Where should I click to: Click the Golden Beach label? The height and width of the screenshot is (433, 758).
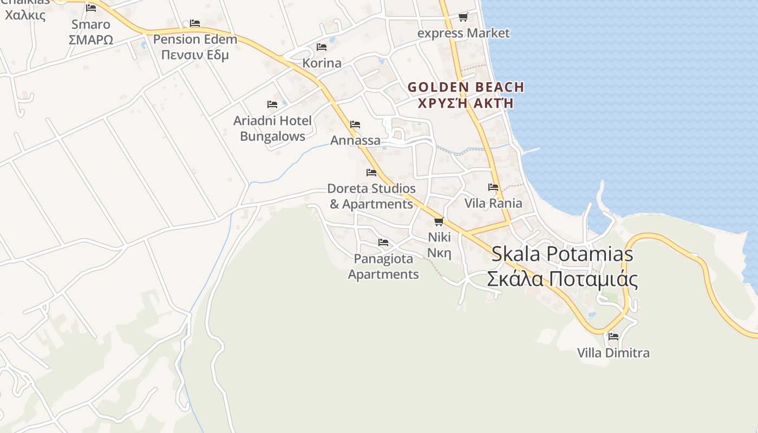466,95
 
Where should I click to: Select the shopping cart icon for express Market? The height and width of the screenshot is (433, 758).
463,17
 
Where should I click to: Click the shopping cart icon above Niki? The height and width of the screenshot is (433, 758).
439,221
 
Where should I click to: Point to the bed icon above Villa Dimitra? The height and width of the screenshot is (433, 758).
613,336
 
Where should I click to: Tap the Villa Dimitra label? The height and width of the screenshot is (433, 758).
613,353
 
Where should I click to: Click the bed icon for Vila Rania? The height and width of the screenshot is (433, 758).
493,187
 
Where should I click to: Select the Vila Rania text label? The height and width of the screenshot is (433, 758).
493,203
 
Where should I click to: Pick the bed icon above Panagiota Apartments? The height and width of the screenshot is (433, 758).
383,242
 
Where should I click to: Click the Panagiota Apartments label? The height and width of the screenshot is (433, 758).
383,266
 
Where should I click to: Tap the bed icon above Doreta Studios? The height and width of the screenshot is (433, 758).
371,173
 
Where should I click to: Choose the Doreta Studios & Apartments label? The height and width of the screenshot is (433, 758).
371,196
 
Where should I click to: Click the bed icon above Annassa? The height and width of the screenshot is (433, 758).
355,124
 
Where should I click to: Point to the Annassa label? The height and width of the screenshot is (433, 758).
355,141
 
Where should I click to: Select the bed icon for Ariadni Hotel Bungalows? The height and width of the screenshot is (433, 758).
272,104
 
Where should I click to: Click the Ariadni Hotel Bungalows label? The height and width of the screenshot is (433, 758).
272,128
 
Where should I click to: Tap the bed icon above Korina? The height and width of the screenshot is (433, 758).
322,47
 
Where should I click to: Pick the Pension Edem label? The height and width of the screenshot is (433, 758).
195,47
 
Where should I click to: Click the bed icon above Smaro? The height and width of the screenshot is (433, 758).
91,8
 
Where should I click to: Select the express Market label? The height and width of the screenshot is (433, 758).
463,33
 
